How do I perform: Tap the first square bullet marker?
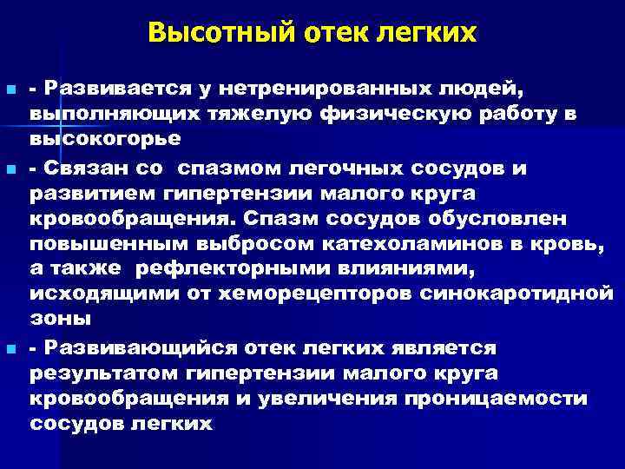[x=10, y=90]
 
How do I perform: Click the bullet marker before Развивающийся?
[x=10, y=348]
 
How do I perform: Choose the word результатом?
[x=101, y=373]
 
